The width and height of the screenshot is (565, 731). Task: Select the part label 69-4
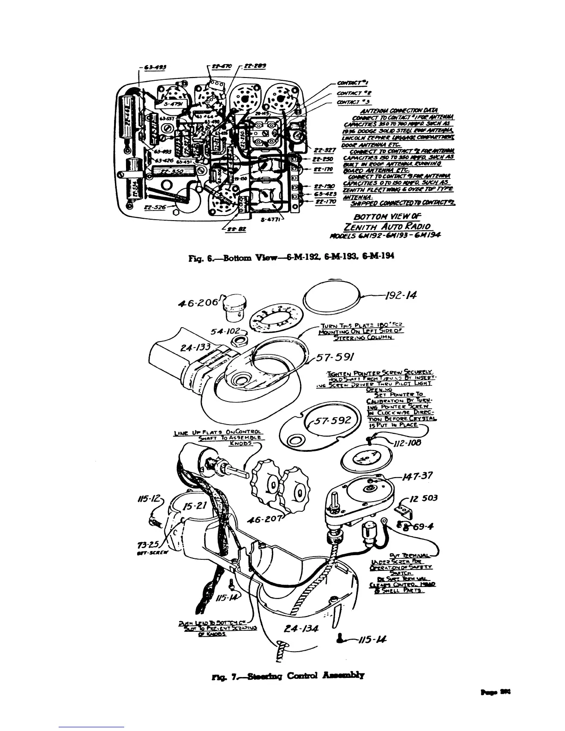click(x=423, y=526)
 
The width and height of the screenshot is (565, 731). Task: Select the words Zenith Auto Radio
click(x=387, y=226)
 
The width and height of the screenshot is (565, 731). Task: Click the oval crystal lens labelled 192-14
click(x=332, y=296)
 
